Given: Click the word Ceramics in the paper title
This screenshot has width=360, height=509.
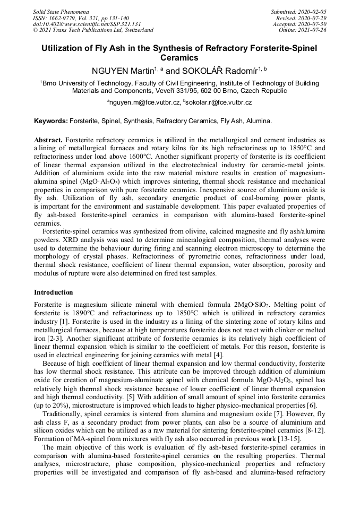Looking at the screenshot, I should coord(179,58).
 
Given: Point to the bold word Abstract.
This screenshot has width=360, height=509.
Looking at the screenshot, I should coord(48,139).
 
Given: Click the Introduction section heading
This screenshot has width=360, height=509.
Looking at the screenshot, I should coord(54,292).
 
